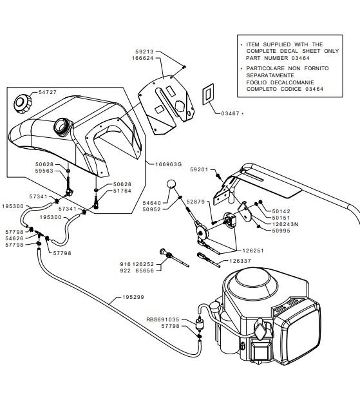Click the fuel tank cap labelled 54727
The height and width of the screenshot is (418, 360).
coord(23,104)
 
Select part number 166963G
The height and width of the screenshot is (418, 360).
coord(169,164)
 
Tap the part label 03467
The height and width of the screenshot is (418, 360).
coord(230,113)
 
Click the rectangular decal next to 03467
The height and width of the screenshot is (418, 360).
coord(208,94)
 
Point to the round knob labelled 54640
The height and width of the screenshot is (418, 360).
coord(171,184)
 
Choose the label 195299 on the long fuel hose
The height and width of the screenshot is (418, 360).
coord(133,297)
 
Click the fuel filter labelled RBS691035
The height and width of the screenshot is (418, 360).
coord(199,324)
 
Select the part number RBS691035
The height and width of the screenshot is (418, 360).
coord(163,319)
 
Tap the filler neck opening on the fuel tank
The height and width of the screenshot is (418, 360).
coord(63,126)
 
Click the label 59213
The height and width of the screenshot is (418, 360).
coord(144,52)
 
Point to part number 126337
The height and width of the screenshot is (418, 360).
coord(240,261)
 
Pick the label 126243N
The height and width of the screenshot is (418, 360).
coord(285,224)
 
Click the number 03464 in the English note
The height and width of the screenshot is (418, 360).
coord(301,58)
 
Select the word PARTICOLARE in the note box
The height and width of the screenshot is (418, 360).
coord(265,68)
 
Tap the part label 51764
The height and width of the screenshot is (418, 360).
coord(122,191)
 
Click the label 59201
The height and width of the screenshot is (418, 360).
coord(199,169)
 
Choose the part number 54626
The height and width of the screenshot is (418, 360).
coord(14,238)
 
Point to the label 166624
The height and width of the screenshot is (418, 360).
coord(143,58)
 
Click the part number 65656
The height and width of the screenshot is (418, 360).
coord(145,271)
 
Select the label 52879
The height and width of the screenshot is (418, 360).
coord(196,202)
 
